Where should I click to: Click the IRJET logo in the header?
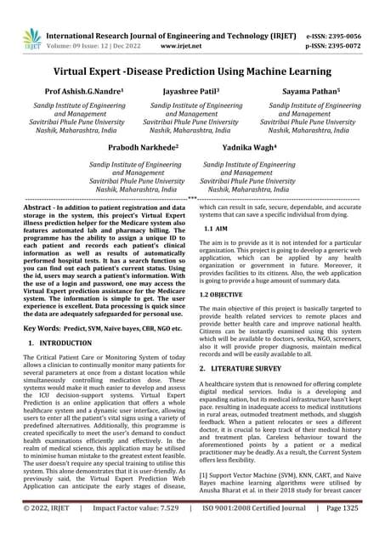click(31, 37)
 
